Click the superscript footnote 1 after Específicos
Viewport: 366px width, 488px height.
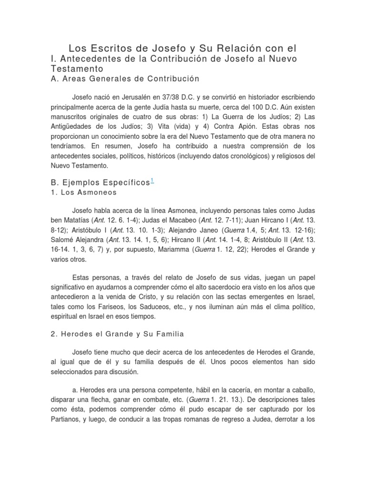tap(152, 180)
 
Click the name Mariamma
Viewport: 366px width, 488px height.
tap(153, 250)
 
